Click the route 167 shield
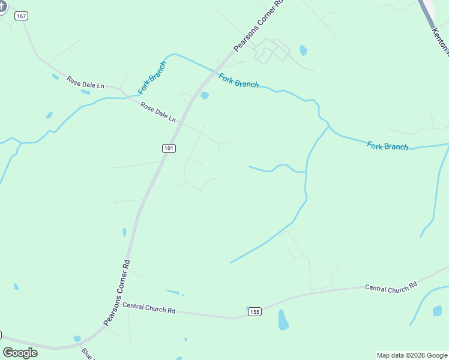pos(22,16)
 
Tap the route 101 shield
pos(169,148)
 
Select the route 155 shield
pos(255,311)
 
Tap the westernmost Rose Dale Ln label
pos(85,83)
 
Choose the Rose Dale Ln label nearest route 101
pos(158,112)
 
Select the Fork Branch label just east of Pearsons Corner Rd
pos(238,80)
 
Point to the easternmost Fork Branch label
pos(387,146)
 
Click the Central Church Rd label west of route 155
pos(148,308)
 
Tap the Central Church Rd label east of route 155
pos(391,288)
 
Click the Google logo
pos(20,352)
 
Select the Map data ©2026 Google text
pos(412,355)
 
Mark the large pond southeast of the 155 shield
pos(283,320)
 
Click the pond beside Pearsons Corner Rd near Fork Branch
pos(204,95)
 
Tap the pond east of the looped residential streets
pos(303,50)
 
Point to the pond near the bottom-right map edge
pos(437,310)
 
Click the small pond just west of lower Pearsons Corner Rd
pos(124,232)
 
